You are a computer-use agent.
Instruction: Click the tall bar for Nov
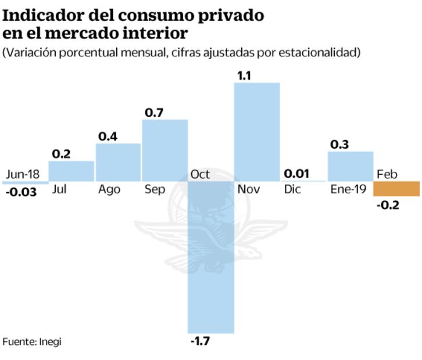(x=257, y=131)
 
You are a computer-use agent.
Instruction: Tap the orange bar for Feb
(x=396, y=189)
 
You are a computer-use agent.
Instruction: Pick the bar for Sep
(x=164, y=150)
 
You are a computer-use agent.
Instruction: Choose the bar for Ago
(x=118, y=162)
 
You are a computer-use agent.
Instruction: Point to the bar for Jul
(x=71, y=171)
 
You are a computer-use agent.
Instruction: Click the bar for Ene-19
(x=351, y=166)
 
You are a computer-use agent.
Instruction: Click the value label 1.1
(x=244, y=75)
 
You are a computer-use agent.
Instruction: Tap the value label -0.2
(x=387, y=204)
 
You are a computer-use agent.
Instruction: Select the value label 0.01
(x=296, y=173)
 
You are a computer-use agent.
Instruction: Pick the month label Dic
(x=292, y=189)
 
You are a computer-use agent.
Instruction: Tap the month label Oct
(x=200, y=174)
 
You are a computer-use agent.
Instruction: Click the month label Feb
(x=387, y=174)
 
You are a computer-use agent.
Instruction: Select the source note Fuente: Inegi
(x=32, y=341)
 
